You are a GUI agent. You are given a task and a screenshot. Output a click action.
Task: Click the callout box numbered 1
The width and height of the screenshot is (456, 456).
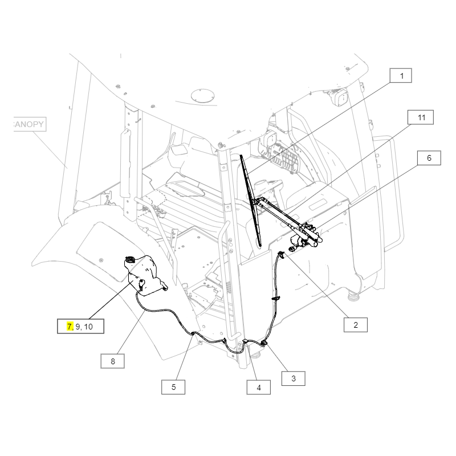[401, 76]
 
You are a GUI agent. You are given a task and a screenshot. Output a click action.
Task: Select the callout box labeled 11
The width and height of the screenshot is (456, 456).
[421, 117]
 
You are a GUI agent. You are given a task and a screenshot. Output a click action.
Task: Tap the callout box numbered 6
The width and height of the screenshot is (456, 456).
[429, 158]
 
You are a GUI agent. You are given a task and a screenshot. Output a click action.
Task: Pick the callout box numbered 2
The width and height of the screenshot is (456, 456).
[355, 325]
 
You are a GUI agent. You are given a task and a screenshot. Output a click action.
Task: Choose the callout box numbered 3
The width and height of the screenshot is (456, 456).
[294, 378]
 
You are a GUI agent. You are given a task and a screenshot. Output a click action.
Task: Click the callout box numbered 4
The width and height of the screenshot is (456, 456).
[259, 388]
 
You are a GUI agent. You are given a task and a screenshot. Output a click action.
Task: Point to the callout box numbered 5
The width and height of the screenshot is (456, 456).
[173, 387]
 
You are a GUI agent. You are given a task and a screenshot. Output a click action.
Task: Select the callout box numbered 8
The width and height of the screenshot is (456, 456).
[112, 361]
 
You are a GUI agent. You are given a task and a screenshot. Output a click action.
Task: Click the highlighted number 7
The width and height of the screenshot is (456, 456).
[70, 327]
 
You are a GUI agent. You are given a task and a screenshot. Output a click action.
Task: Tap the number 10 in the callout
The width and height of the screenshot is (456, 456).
[88, 327]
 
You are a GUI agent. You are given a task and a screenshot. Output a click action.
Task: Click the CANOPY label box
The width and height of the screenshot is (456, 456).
[30, 124]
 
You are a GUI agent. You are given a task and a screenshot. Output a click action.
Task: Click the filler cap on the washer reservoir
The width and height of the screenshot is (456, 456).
[130, 259]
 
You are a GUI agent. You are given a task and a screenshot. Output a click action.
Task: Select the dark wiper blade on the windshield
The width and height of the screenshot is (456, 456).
[250, 201]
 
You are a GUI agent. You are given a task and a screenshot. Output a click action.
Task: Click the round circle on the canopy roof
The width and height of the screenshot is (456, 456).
[203, 95]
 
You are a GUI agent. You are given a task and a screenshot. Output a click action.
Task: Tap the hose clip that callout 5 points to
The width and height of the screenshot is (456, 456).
[193, 334]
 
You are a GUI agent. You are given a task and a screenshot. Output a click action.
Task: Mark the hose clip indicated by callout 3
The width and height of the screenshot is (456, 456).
[264, 344]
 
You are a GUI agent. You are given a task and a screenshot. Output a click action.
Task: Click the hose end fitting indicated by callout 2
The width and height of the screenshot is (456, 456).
[281, 254]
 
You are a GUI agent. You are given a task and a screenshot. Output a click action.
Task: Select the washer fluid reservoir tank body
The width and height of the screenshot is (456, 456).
[145, 275]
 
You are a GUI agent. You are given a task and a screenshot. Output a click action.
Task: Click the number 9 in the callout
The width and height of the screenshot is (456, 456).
[78, 327]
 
